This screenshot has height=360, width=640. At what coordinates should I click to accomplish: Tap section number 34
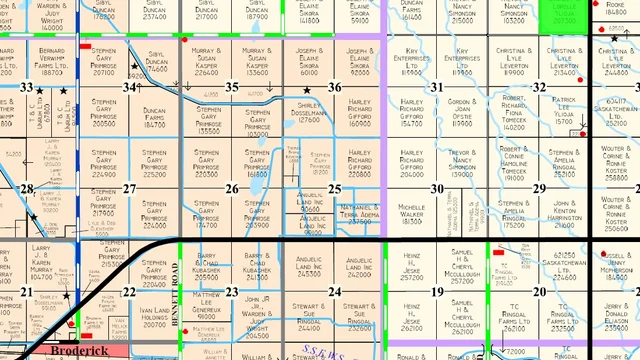(130, 87)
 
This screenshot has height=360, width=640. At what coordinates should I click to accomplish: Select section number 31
(437, 87)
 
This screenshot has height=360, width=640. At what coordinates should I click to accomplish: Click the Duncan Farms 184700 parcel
(154, 118)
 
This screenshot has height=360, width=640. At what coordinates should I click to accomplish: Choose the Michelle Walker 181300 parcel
(412, 211)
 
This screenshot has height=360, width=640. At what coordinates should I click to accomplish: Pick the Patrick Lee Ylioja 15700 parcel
(566, 109)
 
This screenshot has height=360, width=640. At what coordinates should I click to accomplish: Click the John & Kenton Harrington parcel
(566, 212)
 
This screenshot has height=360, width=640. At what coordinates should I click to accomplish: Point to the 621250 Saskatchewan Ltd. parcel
(566, 264)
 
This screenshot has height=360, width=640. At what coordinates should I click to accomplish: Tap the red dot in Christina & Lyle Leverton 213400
(581, 75)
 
